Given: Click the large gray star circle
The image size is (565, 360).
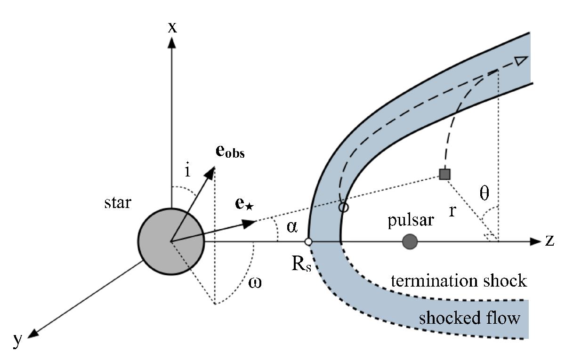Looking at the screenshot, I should [x=171, y=242].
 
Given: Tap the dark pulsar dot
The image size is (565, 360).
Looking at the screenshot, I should [x=410, y=242].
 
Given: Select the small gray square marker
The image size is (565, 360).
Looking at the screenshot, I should [x=444, y=175].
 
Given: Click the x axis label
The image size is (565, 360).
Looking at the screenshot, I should [x=173, y=27].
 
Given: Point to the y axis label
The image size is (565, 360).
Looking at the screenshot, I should [x=18, y=340].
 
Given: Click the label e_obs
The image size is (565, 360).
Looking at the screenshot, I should [x=230, y=152].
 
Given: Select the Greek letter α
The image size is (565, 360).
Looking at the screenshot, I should [x=292, y=227].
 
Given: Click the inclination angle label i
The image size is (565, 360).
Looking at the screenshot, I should [x=188, y=171].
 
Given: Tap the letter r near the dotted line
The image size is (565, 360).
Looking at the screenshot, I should [x=452, y=211].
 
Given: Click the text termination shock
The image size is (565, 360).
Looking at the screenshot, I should [x=459, y=281].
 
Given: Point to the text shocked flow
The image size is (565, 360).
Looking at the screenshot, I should [x=470, y=319].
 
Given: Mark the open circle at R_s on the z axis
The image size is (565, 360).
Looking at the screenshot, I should [x=308, y=242].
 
